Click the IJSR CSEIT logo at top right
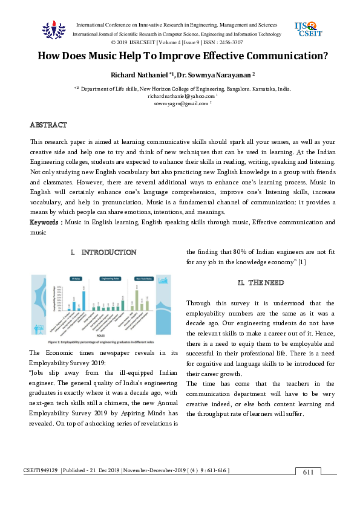[308, 29]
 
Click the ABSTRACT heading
[48, 125]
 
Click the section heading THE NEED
[257, 282]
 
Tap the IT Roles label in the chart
[76, 279]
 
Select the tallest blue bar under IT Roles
[83, 300]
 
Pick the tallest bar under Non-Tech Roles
[137, 300]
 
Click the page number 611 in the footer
[308, 472]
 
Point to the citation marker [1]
[302, 261]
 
